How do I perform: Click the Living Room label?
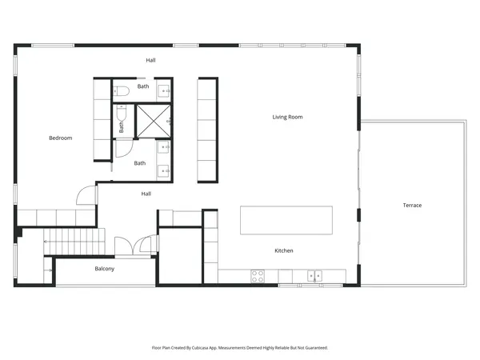(x=287, y=118)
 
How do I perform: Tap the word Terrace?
(x=412, y=206)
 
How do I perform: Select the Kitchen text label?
(x=284, y=251)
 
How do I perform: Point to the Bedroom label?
(x=60, y=138)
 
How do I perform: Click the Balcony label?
(x=105, y=269)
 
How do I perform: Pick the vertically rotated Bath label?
(x=122, y=126)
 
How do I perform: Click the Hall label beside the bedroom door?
(x=146, y=194)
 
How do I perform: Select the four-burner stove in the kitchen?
(x=258, y=276)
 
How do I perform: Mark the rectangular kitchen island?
(x=286, y=221)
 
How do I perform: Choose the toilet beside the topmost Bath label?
(x=120, y=90)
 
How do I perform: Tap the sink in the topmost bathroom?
(x=163, y=90)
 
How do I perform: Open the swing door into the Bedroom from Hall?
(x=86, y=195)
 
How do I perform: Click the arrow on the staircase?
(x=51, y=272)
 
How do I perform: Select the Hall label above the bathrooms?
(x=150, y=61)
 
